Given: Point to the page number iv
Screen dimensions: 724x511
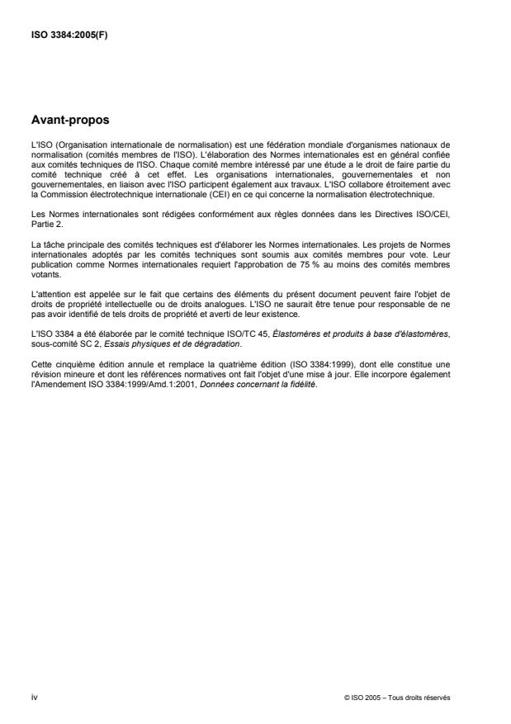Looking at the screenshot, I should pyautogui.click(x=34, y=698).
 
